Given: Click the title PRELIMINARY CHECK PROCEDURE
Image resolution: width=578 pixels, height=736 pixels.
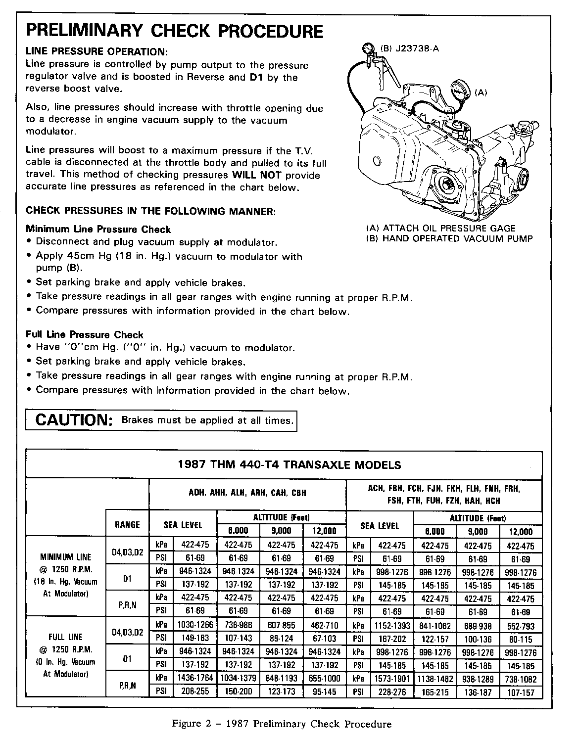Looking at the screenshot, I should pos(174,31).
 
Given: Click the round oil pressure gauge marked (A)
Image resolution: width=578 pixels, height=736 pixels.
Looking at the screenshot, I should pos(461,92).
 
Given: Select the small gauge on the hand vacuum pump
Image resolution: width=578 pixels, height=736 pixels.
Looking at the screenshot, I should pos(368,49).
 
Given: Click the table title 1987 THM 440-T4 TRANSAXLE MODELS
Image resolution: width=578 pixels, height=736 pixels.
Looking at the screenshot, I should pos(289,465).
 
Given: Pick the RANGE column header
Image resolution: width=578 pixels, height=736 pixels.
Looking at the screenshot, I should pos(127,525).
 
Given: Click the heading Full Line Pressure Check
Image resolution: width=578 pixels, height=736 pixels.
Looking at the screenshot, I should pos(85,335).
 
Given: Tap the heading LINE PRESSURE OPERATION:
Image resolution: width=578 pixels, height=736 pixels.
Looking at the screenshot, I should pos(96,51).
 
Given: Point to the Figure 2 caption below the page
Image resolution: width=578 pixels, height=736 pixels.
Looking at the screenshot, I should pos(282,724).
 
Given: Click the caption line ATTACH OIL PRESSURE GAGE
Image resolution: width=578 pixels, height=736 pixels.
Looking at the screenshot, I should pos(440,228).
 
